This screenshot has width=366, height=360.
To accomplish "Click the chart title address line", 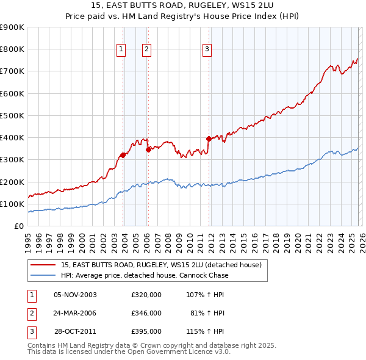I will pos(182,5).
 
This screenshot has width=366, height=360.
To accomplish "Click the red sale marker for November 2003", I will pos(123,155).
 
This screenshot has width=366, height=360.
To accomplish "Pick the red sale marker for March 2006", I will pos(148,149).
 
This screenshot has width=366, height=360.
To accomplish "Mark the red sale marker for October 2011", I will pos(209,139).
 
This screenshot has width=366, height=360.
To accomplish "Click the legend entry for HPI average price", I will pos(145,275).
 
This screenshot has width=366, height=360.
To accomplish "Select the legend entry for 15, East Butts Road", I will pos(161,265).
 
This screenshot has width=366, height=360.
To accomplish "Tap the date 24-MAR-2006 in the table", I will pos(75,313).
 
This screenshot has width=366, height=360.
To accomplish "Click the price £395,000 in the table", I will pos(146,331).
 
